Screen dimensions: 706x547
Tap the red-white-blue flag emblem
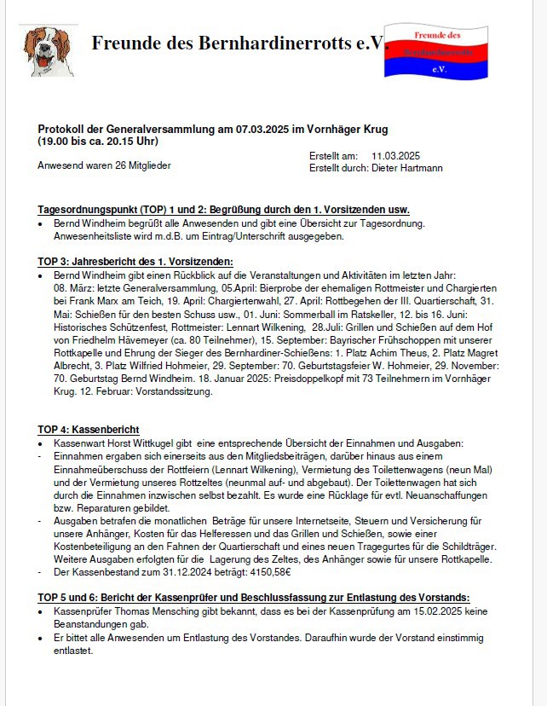(x=435, y=51)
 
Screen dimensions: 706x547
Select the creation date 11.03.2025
(x=396, y=156)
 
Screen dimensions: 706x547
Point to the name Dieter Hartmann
(x=406, y=168)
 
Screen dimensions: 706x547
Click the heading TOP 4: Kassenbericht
(x=89, y=429)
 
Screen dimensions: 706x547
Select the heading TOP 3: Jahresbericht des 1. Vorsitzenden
(x=135, y=262)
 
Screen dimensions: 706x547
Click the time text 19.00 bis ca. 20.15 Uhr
(x=98, y=141)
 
